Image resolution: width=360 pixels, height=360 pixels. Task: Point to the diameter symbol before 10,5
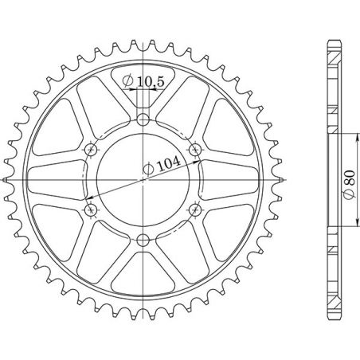(127, 80)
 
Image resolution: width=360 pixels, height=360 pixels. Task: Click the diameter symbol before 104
(148, 168)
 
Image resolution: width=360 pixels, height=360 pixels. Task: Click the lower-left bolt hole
(91, 209)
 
